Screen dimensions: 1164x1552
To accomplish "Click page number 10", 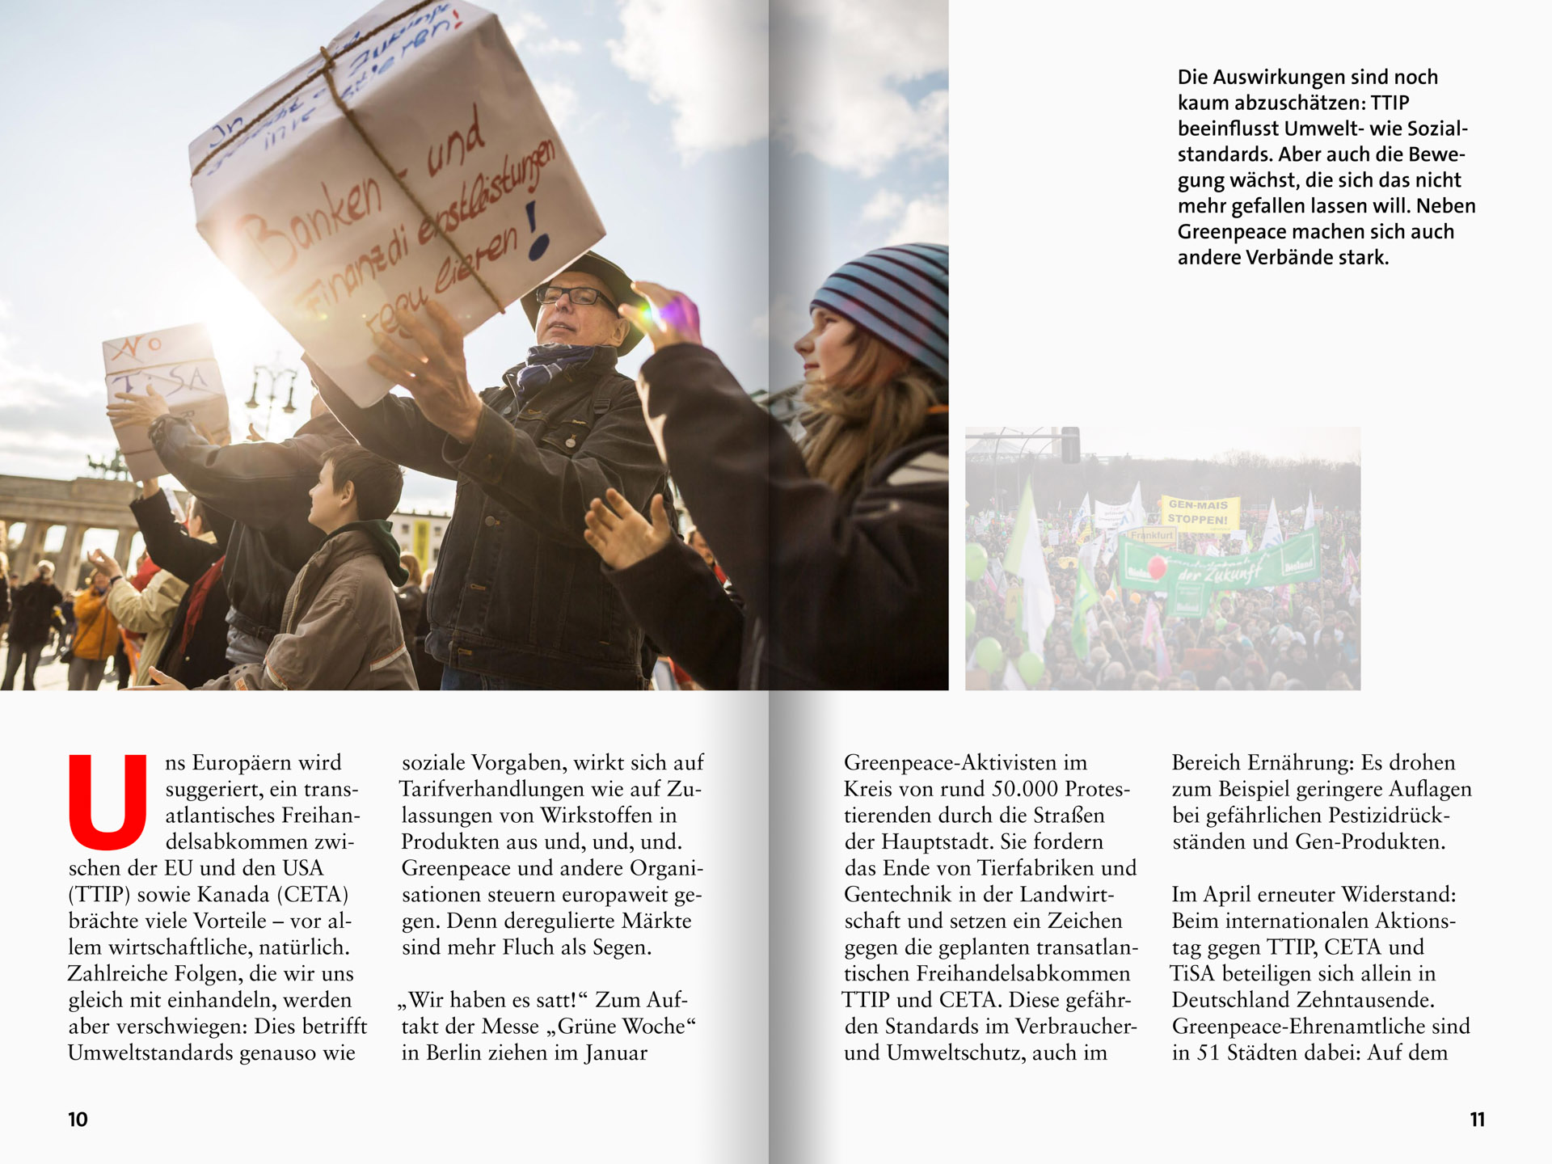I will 78,1120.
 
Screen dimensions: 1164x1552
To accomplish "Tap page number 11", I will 1477,1120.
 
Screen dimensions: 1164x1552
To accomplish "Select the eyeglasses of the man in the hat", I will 575,296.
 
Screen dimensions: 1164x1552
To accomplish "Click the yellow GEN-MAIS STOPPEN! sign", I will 1197,512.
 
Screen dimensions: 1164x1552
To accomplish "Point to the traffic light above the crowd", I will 1070,445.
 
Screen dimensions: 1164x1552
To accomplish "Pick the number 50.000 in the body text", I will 1015,789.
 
